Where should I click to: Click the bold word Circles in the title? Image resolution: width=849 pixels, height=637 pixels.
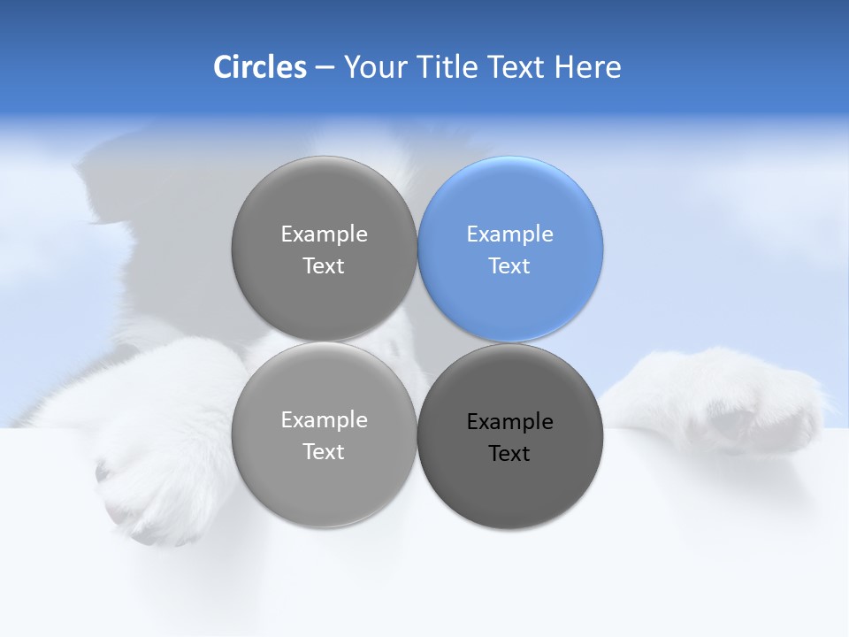click(x=259, y=67)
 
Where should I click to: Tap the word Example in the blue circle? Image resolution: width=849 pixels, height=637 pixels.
click(x=509, y=234)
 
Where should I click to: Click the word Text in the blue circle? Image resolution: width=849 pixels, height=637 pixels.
click(x=509, y=266)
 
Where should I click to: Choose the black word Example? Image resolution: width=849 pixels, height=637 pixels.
click(x=509, y=422)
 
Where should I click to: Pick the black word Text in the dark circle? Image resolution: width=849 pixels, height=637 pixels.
click(x=509, y=454)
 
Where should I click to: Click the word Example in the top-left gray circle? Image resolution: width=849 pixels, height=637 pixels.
click(x=324, y=234)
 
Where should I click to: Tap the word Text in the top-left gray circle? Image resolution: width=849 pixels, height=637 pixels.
click(x=324, y=266)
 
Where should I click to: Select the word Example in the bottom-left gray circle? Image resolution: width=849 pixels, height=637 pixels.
click(x=324, y=420)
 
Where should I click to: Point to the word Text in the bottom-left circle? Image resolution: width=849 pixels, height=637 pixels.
click(x=324, y=452)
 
